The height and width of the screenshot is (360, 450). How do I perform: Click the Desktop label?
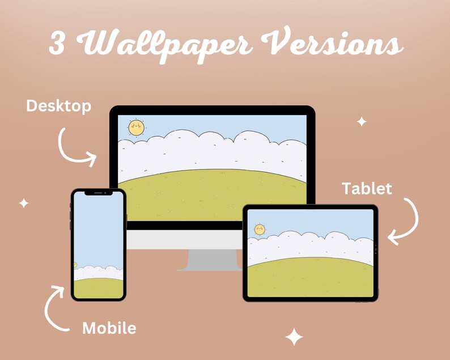(x=58, y=106)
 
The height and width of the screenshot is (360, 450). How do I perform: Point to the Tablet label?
(x=367, y=188)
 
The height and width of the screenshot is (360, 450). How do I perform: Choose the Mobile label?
(x=109, y=328)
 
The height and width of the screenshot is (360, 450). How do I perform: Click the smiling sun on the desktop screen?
(x=136, y=128)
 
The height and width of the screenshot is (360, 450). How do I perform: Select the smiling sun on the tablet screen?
(x=260, y=229)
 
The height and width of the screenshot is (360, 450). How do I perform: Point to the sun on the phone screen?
(x=75, y=265)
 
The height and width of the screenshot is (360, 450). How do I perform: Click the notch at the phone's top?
(x=98, y=193)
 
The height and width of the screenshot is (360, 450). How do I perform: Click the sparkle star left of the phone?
(x=24, y=203)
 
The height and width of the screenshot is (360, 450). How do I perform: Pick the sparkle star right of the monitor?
(x=361, y=121)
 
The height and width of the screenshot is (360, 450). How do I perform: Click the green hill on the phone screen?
(x=98, y=288)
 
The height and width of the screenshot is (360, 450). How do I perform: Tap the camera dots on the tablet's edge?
(x=375, y=248)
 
